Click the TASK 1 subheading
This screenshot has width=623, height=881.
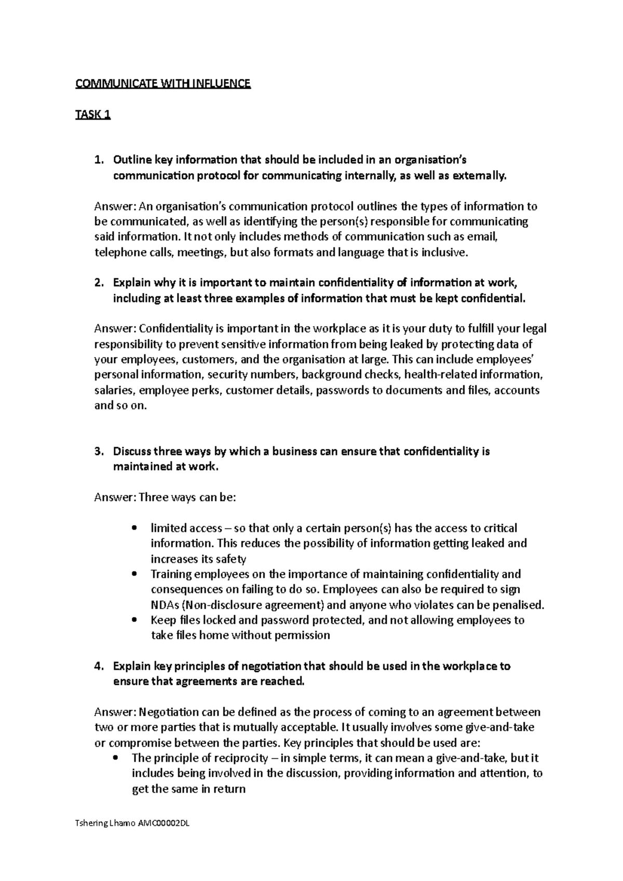tap(93, 115)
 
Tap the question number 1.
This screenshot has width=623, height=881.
tap(99, 160)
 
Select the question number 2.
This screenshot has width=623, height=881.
tap(99, 283)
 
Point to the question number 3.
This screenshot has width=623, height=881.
tap(99, 451)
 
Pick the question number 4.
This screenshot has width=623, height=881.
tap(99, 666)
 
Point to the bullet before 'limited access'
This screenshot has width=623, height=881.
tap(135, 529)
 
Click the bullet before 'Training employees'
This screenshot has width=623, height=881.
tap(135, 574)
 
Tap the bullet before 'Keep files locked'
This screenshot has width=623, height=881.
tap(135, 621)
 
